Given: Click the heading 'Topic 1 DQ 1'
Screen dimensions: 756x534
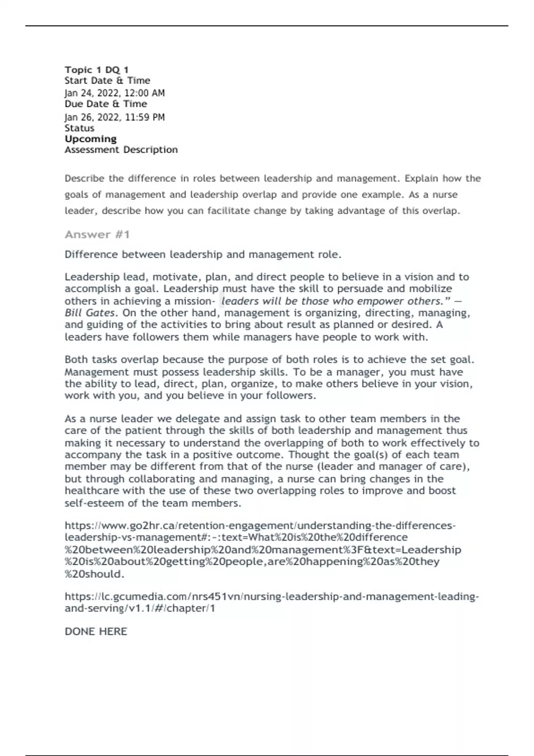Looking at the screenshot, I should pyautogui.click(x=97, y=70).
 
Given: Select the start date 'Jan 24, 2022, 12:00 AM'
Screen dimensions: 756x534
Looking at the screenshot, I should pyautogui.click(x=114, y=93).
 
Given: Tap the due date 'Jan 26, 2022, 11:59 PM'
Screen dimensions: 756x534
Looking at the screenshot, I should pyautogui.click(x=114, y=117).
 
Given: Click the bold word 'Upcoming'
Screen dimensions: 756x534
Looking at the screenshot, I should pyautogui.click(x=90, y=139).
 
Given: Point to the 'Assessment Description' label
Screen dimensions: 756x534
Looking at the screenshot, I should pyautogui.click(x=121, y=150).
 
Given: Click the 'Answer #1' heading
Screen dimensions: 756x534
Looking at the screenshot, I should pyautogui.click(x=97, y=234).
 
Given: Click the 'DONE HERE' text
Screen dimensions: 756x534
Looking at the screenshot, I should pyautogui.click(x=96, y=631).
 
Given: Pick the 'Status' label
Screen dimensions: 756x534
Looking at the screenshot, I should pyautogui.click(x=79, y=128).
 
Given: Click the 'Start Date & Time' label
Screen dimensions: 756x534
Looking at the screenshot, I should pyautogui.click(x=107, y=80).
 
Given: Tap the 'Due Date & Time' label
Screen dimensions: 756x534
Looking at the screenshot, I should pyautogui.click(x=105, y=104).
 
